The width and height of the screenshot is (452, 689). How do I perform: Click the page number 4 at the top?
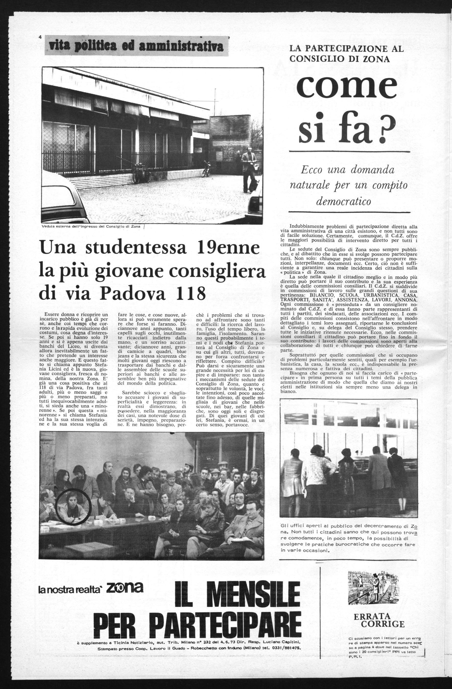(x=40, y=36)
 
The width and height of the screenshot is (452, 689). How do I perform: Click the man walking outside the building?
(x=248, y=171)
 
